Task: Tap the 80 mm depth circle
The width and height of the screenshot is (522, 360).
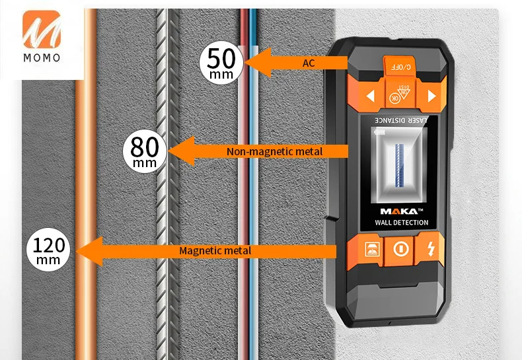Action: coord(145,151)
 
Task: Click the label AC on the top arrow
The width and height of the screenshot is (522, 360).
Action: coord(309,63)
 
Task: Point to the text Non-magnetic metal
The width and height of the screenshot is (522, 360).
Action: coord(274,152)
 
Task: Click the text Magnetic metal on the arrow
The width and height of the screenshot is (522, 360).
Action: coord(215,251)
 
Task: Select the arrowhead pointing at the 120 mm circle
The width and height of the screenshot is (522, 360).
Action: coord(90,251)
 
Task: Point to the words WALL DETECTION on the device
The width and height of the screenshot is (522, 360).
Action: coord(401,223)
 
